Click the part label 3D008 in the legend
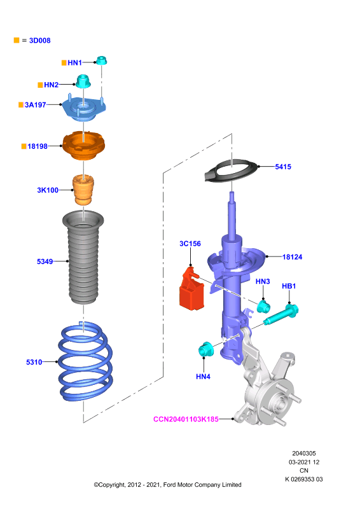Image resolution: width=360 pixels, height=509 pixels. pyautogui.click(x=39, y=41)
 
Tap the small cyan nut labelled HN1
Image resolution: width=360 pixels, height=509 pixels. pyautogui.click(x=101, y=60)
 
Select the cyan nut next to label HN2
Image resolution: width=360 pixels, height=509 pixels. pyautogui.click(x=83, y=81)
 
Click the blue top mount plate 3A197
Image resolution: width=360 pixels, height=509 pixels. pyautogui.click(x=83, y=108)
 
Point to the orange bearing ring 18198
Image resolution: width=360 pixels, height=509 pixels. pyautogui.click(x=83, y=146)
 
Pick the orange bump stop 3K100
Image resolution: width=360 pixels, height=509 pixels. pyautogui.click(x=83, y=190)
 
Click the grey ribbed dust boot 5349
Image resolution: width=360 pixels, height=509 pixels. pyautogui.click(x=83, y=258)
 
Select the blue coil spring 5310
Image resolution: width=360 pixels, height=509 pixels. pyautogui.click(x=85, y=361)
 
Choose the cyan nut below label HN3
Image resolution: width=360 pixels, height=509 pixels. pyautogui.click(x=263, y=307)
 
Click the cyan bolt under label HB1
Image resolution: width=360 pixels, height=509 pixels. pyautogui.click(x=281, y=314)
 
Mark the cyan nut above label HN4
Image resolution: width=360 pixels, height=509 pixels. pyautogui.click(x=205, y=349)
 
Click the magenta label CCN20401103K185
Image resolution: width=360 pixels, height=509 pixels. pyautogui.click(x=186, y=419)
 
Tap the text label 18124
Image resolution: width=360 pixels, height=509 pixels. pyautogui.click(x=292, y=257)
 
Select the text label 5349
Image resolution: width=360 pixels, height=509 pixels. pyautogui.click(x=45, y=261)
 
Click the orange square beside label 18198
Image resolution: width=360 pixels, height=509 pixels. pyautogui.click(x=24, y=146)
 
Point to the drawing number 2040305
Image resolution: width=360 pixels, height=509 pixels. pyautogui.click(x=304, y=454)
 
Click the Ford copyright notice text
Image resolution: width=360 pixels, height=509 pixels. pyautogui.click(x=167, y=485)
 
